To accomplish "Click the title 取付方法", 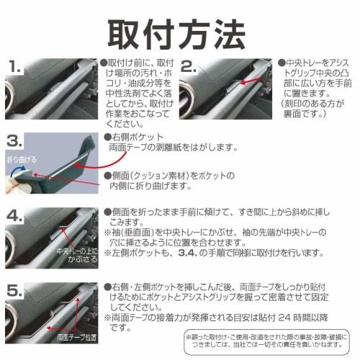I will point(180,30).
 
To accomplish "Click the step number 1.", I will point(17,67).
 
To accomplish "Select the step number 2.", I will point(189,67).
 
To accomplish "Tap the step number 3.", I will point(17,139).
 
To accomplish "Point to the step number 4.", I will point(17,215).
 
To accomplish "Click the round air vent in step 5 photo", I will point(18,317).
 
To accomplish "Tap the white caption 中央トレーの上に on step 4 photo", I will point(77,252).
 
